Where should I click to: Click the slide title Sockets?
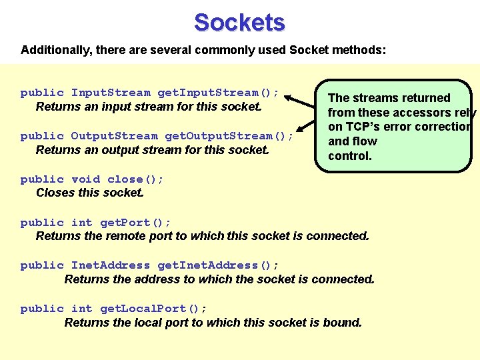(239, 23)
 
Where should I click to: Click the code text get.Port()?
(135, 223)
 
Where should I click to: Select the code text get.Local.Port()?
(153, 309)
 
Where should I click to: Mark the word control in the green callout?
(349, 156)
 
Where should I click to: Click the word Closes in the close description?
(55, 193)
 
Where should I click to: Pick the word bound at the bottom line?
(343, 323)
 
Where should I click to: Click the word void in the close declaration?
(85, 179)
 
